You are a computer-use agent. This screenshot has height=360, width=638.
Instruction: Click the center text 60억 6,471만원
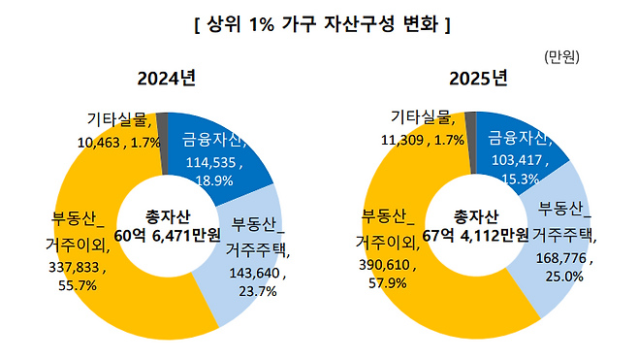[x=168, y=236]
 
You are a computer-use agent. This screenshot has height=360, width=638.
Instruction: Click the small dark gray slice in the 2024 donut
[x=163, y=126]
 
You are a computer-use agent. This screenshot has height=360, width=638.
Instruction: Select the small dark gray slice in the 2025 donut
[x=470, y=126]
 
